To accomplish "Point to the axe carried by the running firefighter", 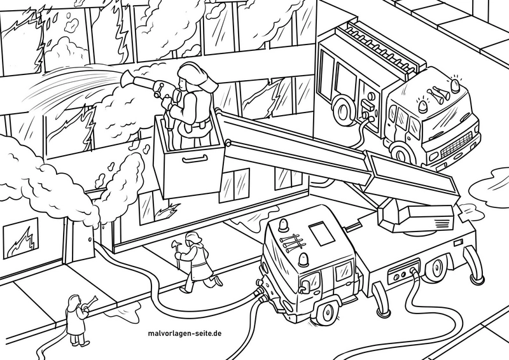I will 174,249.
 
